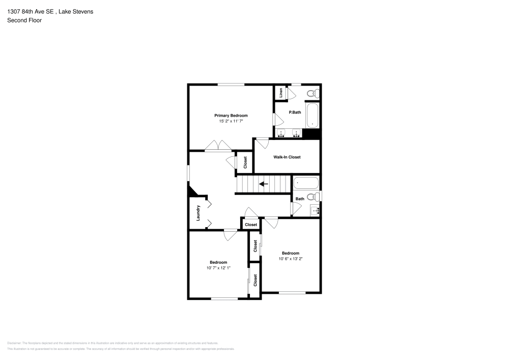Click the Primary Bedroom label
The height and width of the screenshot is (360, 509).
click(x=231, y=116)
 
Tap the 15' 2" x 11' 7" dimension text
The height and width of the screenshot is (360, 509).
click(x=231, y=121)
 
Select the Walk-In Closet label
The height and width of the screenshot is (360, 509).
click(x=287, y=157)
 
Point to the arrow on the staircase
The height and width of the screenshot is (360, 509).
click(x=263, y=184)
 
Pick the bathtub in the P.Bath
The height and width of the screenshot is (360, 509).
click(x=312, y=116)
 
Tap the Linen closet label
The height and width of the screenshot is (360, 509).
click(x=280, y=93)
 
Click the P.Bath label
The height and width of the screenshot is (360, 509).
click(x=295, y=112)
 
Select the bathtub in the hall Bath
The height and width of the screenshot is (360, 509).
click(x=306, y=183)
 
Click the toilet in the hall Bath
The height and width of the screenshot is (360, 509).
click(x=314, y=197)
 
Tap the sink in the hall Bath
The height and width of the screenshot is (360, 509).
click(x=315, y=210)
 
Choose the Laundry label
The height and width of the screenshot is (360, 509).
click(x=198, y=213)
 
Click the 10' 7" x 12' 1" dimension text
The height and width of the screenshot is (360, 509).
click(x=218, y=268)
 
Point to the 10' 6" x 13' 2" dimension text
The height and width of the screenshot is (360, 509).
click(x=291, y=259)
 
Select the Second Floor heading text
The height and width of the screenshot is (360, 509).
click(x=24, y=20)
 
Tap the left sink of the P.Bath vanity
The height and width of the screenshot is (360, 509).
click(x=282, y=133)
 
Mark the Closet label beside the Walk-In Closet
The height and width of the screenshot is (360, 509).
click(x=245, y=162)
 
